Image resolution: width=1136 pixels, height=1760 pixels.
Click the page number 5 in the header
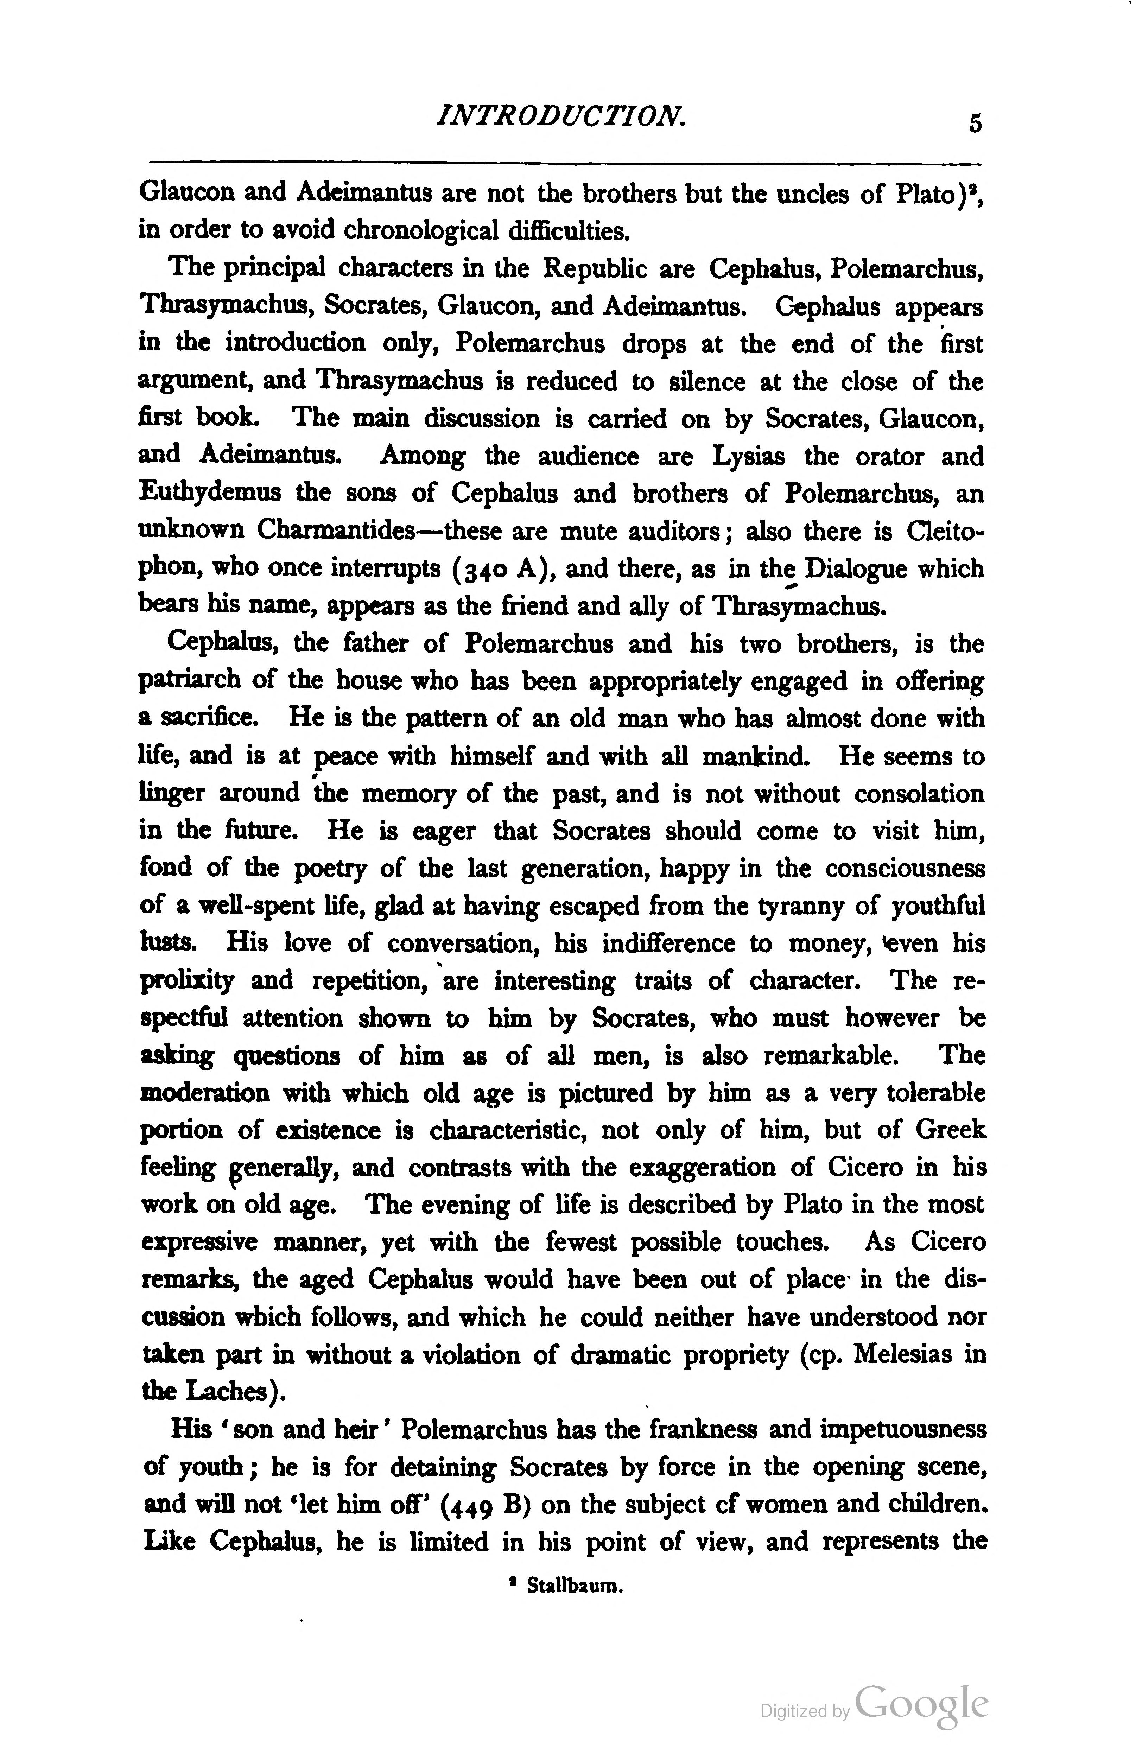(x=975, y=123)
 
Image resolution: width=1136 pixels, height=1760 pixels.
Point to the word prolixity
(x=188, y=982)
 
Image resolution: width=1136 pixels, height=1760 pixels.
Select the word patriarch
(x=190, y=680)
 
